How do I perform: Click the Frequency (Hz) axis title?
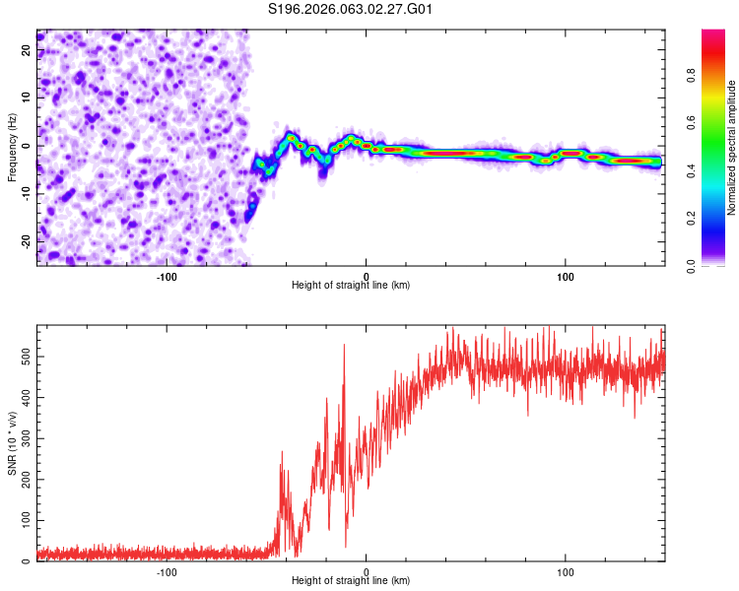click(x=12, y=148)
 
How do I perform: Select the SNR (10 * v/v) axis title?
click(x=12, y=442)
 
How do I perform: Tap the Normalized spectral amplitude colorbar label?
click(x=732, y=148)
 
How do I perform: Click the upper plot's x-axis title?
click(x=351, y=285)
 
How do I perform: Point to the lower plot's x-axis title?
click(x=351, y=580)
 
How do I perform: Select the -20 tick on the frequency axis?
click(x=26, y=241)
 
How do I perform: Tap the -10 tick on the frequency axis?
click(x=26, y=193)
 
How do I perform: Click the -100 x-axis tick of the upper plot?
click(x=166, y=277)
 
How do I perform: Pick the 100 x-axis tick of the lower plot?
click(x=567, y=572)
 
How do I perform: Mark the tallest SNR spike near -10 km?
click(x=344, y=345)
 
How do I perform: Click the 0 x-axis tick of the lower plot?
click(x=367, y=572)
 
